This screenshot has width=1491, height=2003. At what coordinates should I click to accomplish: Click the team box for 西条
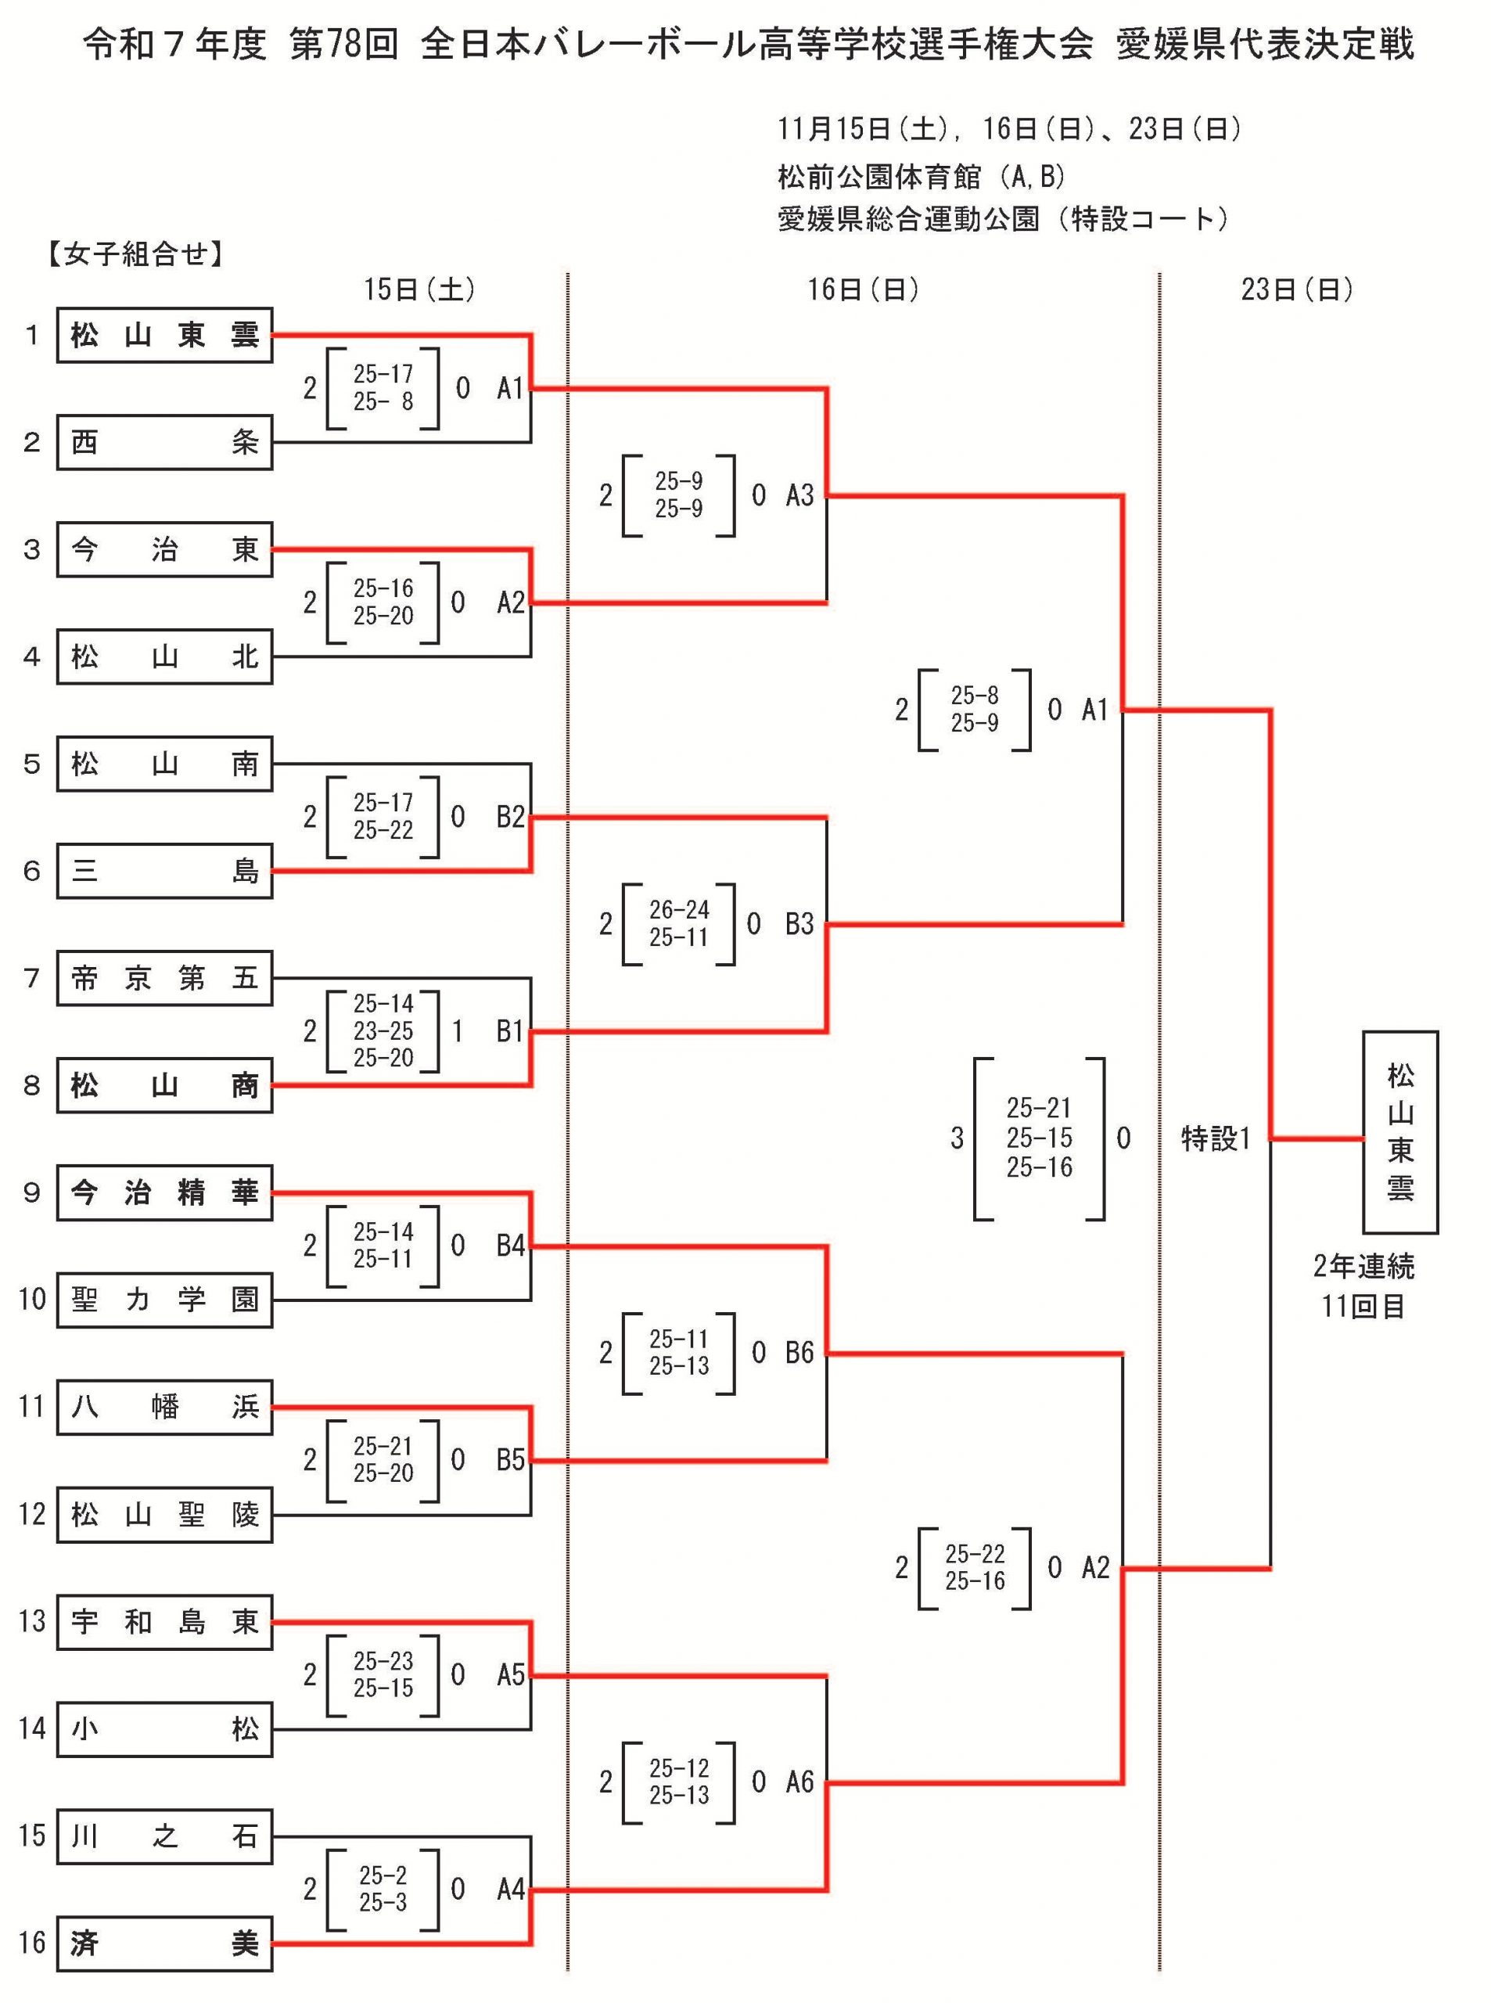point(164,442)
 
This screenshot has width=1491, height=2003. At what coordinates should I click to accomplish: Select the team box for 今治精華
point(164,1193)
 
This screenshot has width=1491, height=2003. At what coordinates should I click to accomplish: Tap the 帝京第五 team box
point(164,979)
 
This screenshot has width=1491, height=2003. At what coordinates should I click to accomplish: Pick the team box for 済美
point(164,1944)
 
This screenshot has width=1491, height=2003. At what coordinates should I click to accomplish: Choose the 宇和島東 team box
point(164,1622)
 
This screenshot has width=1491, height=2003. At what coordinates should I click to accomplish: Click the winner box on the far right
point(1399,1132)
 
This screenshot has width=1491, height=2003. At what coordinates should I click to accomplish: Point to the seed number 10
point(31,1300)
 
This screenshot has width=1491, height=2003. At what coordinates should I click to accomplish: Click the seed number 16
point(31,1944)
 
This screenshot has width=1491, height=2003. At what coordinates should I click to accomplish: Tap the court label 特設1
point(1216,1139)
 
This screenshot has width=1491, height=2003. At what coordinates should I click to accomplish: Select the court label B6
point(799,1353)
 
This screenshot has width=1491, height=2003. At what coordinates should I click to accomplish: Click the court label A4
point(511,1890)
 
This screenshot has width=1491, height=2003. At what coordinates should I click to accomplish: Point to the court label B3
point(799,924)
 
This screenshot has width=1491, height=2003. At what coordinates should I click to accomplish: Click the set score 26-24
point(679,910)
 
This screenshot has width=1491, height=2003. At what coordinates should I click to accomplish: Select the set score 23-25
point(383,1030)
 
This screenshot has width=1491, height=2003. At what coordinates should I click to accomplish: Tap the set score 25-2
point(383,1875)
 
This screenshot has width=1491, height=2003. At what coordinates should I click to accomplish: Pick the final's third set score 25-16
point(1040,1168)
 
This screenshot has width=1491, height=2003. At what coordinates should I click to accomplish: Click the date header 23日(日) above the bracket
point(1297,289)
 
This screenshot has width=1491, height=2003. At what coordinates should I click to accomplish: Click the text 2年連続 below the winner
point(1363,1268)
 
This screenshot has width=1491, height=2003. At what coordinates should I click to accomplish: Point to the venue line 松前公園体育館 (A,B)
point(922,177)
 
